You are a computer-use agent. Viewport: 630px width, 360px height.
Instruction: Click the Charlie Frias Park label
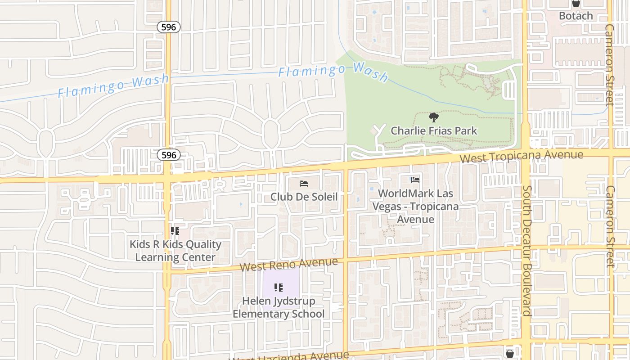pyautogui.click(x=434, y=131)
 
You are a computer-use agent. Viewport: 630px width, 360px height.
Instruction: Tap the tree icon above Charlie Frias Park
pyautogui.click(x=434, y=118)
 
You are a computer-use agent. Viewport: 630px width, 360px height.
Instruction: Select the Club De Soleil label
pyautogui.click(x=304, y=197)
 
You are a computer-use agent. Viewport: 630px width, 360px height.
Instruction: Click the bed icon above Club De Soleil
pyautogui.click(x=304, y=184)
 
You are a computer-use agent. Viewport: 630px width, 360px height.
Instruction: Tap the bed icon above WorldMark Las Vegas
pyautogui.click(x=415, y=180)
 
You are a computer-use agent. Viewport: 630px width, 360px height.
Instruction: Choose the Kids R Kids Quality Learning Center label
pyautogui.click(x=175, y=251)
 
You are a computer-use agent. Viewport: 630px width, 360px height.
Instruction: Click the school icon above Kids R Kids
pyautogui.click(x=175, y=231)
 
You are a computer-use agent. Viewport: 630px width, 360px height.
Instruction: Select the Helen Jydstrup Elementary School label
pyautogui.click(x=279, y=307)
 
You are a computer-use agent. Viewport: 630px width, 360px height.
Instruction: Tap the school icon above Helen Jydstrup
pyautogui.click(x=279, y=287)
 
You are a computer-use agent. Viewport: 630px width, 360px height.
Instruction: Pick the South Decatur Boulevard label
pyautogui.click(x=527, y=251)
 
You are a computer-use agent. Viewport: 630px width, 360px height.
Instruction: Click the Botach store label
pyautogui.click(x=576, y=16)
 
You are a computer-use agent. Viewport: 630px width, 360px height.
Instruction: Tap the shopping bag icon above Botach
pyautogui.click(x=576, y=3)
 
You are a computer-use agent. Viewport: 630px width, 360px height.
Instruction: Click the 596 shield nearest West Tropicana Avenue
pyautogui.click(x=169, y=155)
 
